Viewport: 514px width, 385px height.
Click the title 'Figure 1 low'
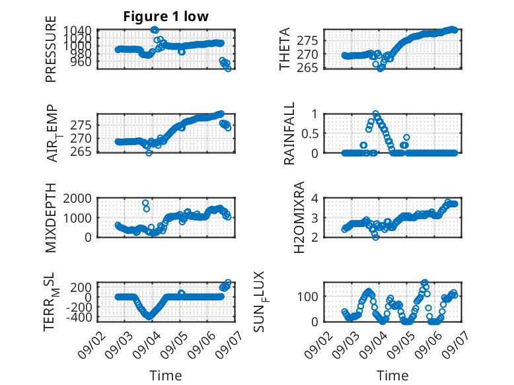[x=166, y=16]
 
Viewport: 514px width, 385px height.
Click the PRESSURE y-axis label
[x=51, y=49]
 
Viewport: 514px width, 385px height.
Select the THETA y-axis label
[x=285, y=49]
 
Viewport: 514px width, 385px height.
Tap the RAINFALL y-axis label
[x=289, y=133]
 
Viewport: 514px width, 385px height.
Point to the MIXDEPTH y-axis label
[x=51, y=217]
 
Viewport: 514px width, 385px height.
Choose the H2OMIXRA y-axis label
[x=299, y=217]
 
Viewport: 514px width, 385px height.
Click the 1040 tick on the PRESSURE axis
[x=77, y=30]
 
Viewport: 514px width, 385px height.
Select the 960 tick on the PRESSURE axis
[x=81, y=61]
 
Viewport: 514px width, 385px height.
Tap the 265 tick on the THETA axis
[x=307, y=68]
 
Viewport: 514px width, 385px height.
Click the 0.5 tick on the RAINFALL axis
[x=309, y=133]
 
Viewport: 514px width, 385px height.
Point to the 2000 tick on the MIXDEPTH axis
[x=77, y=198]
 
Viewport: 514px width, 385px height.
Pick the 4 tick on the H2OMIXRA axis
[x=314, y=198]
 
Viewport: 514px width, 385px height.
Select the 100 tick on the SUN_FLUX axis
[x=307, y=297]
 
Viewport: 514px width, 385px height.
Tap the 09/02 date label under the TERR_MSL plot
[x=91, y=345]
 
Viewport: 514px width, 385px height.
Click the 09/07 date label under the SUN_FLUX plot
[x=455, y=345]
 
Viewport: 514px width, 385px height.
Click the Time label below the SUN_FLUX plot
[x=392, y=375]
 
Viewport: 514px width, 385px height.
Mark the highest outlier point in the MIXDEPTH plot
[x=145, y=203]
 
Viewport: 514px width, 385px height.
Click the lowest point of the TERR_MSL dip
[x=149, y=317]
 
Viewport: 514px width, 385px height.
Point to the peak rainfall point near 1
[x=376, y=114]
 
